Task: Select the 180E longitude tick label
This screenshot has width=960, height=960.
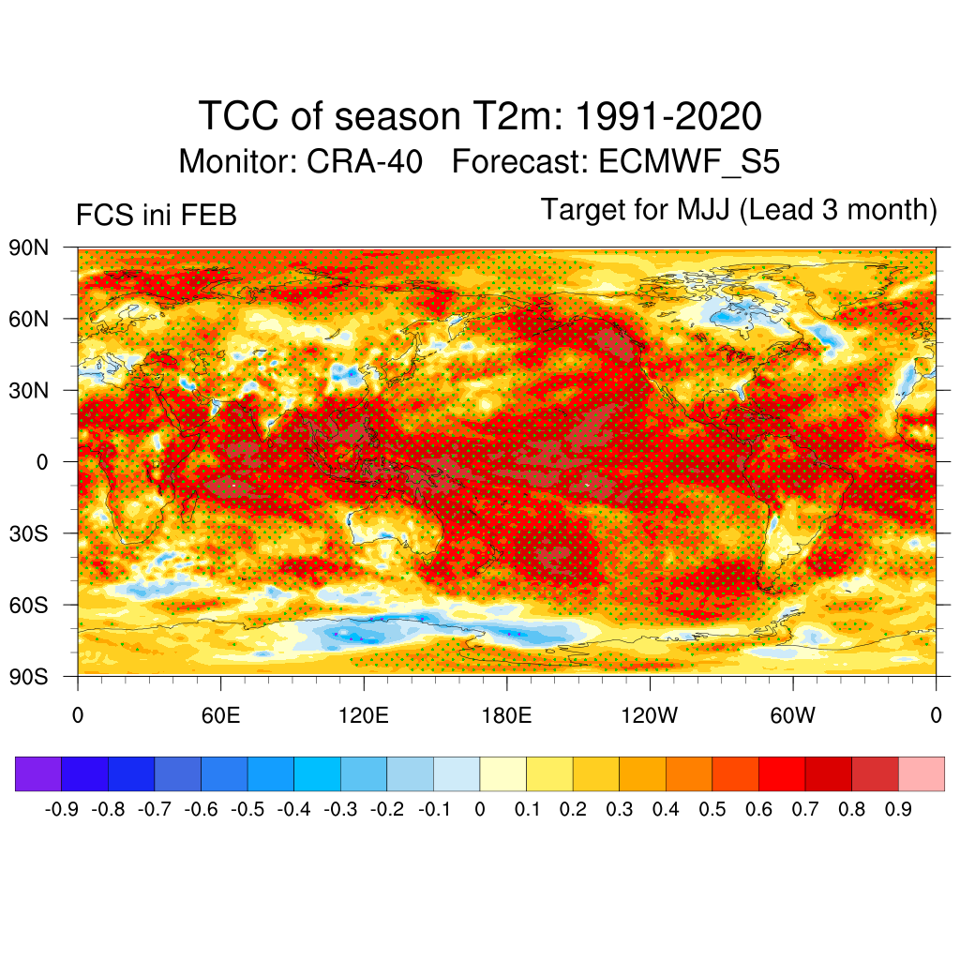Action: coord(506,716)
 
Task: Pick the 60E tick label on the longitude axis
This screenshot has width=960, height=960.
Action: coord(220,716)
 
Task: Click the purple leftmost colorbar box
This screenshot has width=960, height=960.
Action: coord(38,774)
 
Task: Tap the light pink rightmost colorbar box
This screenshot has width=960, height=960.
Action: coord(921,774)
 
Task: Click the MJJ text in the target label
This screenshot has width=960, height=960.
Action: coord(705,210)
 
